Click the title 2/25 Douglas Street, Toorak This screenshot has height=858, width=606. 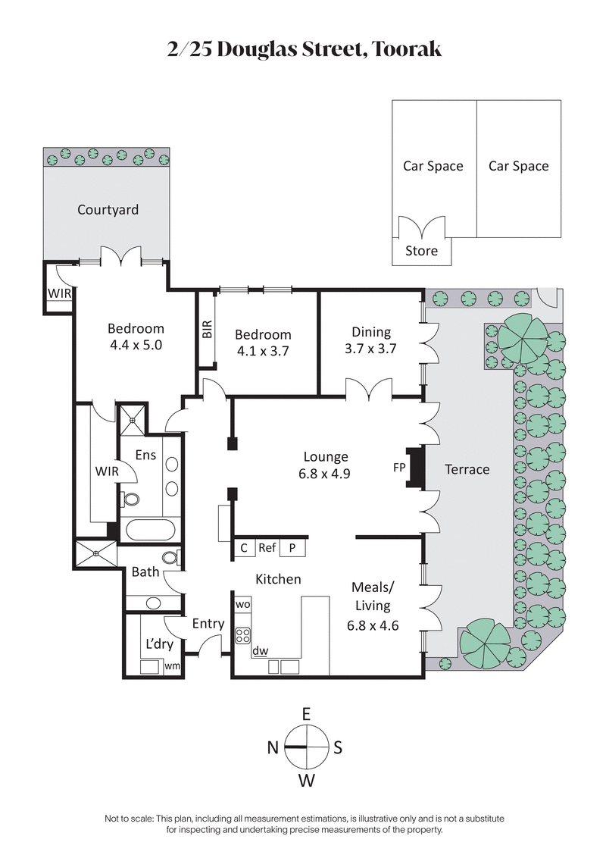coord(303,49)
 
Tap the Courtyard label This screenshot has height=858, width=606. coord(108,209)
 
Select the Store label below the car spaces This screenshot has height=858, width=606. coord(421,250)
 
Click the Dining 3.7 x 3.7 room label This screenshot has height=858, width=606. coord(370,340)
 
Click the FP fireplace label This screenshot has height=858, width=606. coord(399,468)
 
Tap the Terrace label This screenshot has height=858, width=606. coord(467,469)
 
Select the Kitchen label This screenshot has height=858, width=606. coord(278,579)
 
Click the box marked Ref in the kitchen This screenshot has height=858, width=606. coord(267,547)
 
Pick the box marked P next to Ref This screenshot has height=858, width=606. coord(292,547)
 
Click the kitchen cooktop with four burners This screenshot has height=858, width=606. coord(243,634)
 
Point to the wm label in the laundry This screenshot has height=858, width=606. coord(172,665)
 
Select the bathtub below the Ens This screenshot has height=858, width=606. coord(150,529)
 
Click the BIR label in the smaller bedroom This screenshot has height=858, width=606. coord(208,329)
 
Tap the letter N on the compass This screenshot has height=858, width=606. coord(273,747)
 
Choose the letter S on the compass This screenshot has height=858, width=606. coord(339,747)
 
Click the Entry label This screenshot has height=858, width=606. coord(208,624)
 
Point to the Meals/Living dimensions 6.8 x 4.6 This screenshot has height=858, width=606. coord(373,625)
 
